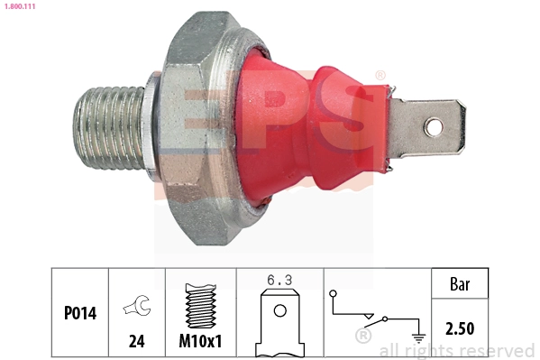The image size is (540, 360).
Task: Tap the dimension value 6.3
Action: pyautogui.click(x=279, y=282)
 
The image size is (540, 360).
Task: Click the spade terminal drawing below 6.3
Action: pyautogui.click(x=279, y=325)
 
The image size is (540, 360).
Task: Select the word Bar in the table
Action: pyautogui.click(x=460, y=283)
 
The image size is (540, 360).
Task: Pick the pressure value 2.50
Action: pyautogui.click(x=460, y=328)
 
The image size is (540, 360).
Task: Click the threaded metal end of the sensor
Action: pyautogui.click(x=105, y=129)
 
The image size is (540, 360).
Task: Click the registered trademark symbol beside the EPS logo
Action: pyautogui.click(x=380, y=76)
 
